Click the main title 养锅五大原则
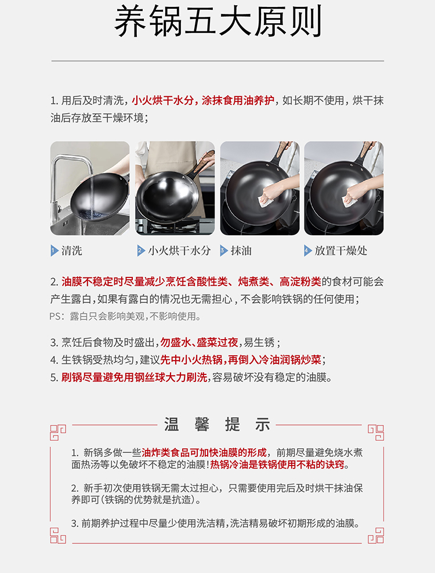click(x=218, y=21)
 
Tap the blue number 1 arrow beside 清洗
click(x=55, y=251)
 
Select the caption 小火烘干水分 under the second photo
click(x=179, y=251)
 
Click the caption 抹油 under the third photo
click(x=241, y=251)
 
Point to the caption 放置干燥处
click(x=341, y=251)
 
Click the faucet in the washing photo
click(x=70, y=183)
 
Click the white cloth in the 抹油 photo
click(x=265, y=200)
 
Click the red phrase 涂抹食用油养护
click(x=238, y=100)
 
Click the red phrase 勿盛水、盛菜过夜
click(x=199, y=343)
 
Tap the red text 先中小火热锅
click(x=191, y=360)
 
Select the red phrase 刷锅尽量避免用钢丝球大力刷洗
click(x=134, y=377)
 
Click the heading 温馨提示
click(x=217, y=424)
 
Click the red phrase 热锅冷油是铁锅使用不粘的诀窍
click(x=277, y=465)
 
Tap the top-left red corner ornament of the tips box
click(x=57, y=433)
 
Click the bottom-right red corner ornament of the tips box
click(x=376, y=535)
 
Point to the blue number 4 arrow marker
click(x=308, y=251)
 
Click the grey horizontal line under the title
click(x=217, y=61)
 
